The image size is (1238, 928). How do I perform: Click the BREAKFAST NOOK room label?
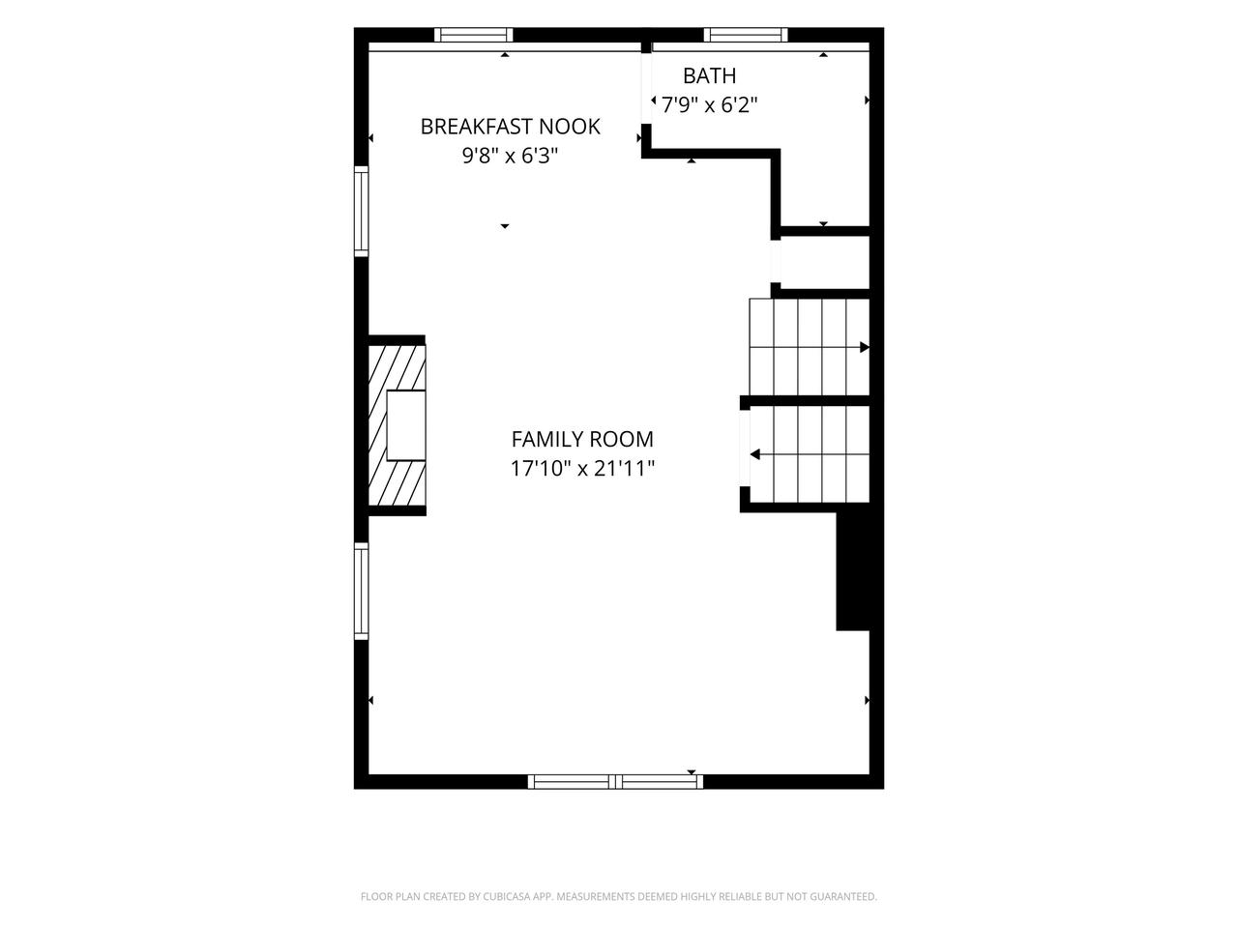[510, 127]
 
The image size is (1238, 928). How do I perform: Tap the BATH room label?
[709, 75]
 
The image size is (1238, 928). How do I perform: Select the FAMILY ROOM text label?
[582, 439]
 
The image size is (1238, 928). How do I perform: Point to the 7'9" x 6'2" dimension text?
[709, 104]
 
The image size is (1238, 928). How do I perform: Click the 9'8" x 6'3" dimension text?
[510, 156]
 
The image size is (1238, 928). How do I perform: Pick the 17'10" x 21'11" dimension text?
[582, 468]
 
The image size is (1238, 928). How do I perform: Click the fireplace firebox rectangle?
[406, 424]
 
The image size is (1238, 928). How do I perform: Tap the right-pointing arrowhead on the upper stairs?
[864, 347]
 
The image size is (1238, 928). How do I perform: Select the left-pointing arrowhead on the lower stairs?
[754, 454]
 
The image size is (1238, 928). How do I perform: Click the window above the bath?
[746, 35]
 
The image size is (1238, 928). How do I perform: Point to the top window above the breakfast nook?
[474, 35]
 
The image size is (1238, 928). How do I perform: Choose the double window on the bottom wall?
[615, 781]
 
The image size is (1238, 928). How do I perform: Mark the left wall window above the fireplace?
[361, 211]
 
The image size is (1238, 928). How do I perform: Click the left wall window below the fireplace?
[361, 591]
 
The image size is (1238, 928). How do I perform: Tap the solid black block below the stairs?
[852, 570]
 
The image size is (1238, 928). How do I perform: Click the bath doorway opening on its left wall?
[646, 89]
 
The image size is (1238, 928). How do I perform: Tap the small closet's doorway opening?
[776, 261]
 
